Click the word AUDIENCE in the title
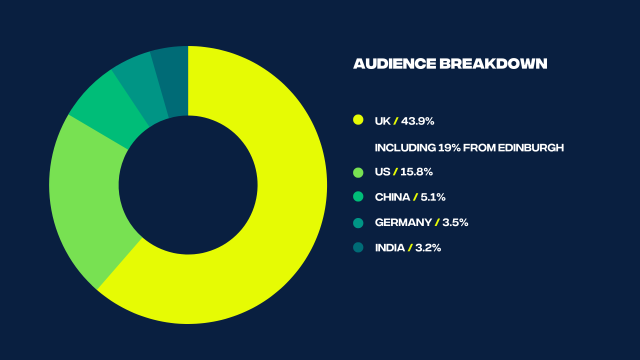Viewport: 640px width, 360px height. click(391, 64)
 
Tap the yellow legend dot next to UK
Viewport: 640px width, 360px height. click(358, 121)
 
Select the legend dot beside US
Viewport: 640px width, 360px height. click(358, 172)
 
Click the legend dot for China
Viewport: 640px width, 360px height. click(358, 197)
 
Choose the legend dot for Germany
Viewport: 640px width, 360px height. click(358, 222)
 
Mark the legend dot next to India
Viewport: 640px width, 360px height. click(358, 247)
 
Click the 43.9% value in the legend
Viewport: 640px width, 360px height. click(418, 121)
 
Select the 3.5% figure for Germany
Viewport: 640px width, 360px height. click(455, 222)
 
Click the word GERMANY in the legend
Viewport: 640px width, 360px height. click(403, 222)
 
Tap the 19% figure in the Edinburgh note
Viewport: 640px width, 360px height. click(442, 147)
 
